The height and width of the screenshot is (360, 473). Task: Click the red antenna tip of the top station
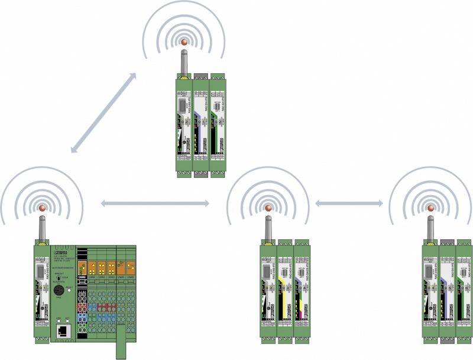pos(183,43)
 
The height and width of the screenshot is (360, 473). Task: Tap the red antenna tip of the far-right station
pos(430,207)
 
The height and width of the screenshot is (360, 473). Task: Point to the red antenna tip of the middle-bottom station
pos(268,207)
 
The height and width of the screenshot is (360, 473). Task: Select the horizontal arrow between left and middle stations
pos(155,203)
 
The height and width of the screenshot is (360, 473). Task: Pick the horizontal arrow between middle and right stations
pos(349,203)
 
